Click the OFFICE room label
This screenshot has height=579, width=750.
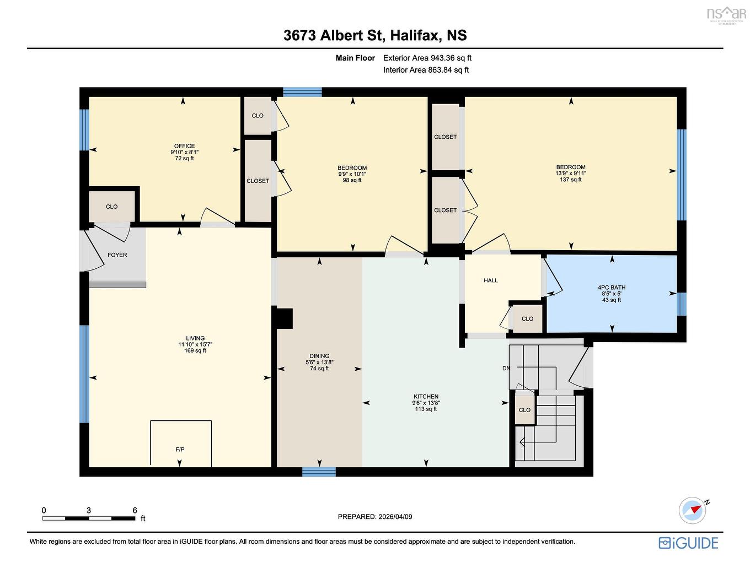pos(184,146)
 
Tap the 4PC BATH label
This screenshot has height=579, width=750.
pos(612,288)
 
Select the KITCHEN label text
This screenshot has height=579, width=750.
pos(426,397)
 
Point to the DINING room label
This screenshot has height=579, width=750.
pos(319,356)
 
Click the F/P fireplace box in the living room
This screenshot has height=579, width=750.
pos(181,444)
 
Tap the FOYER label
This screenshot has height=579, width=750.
pos(117,255)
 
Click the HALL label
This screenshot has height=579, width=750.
pos(491,280)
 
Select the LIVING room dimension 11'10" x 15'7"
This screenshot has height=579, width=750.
pos(195,344)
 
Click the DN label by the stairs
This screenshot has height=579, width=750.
pos(506,368)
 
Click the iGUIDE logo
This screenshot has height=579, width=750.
pos(688,543)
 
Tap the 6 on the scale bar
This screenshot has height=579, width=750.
pos(135,511)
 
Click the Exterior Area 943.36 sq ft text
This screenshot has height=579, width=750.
pos(427,58)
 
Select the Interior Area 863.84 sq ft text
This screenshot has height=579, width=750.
pos(426,70)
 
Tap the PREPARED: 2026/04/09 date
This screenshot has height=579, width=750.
pos(375,517)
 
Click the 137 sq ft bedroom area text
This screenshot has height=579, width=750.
pos(571,180)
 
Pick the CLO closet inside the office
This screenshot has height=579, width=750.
pos(112,207)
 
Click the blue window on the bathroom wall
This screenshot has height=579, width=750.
pos(682,304)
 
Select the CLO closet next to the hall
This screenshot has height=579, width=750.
pos(527,319)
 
